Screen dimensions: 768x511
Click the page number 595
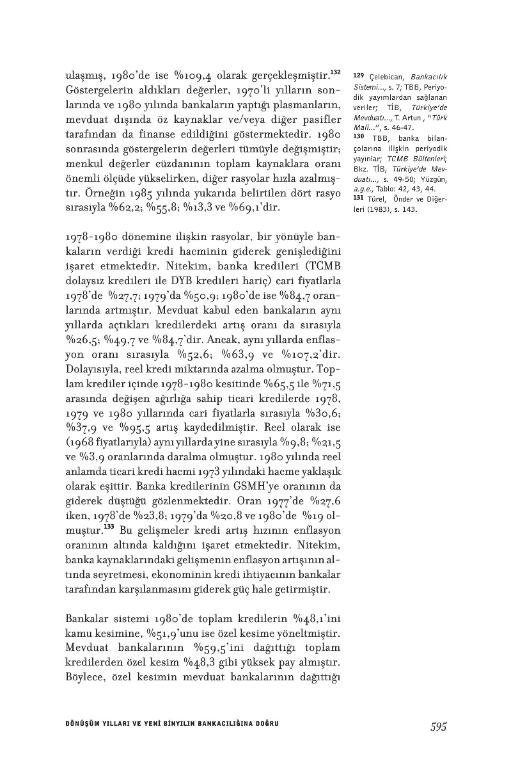438,726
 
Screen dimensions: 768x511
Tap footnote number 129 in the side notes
358,76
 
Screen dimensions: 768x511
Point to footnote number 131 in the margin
358,197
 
